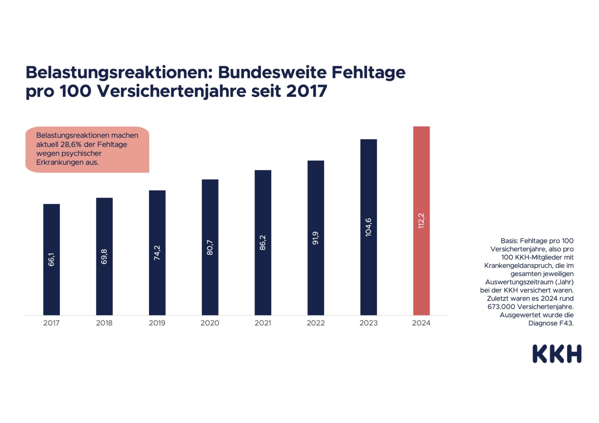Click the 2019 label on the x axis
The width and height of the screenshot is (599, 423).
pyautogui.click(x=157, y=323)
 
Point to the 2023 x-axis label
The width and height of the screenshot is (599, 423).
pyautogui.click(x=368, y=323)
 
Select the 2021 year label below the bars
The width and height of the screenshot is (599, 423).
pyautogui.click(x=263, y=323)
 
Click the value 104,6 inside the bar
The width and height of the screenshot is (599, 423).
pyautogui.click(x=368, y=227)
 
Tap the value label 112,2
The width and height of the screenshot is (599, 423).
pyautogui.click(x=421, y=221)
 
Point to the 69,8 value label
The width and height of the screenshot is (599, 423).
pyautogui.click(x=104, y=257)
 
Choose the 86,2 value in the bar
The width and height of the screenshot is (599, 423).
pyautogui.click(x=263, y=243)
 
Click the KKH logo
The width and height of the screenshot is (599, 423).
pyautogui.click(x=557, y=354)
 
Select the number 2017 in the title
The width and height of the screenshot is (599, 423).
pyautogui.click(x=307, y=91)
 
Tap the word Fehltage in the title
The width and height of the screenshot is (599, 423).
pyautogui.click(x=368, y=72)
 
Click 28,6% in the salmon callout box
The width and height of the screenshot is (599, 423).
pyautogui.click(x=71, y=145)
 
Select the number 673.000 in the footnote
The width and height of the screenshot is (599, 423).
pyautogui.click(x=501, y=307)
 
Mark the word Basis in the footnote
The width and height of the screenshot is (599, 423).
pyautogui.click(x=509, y=241)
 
